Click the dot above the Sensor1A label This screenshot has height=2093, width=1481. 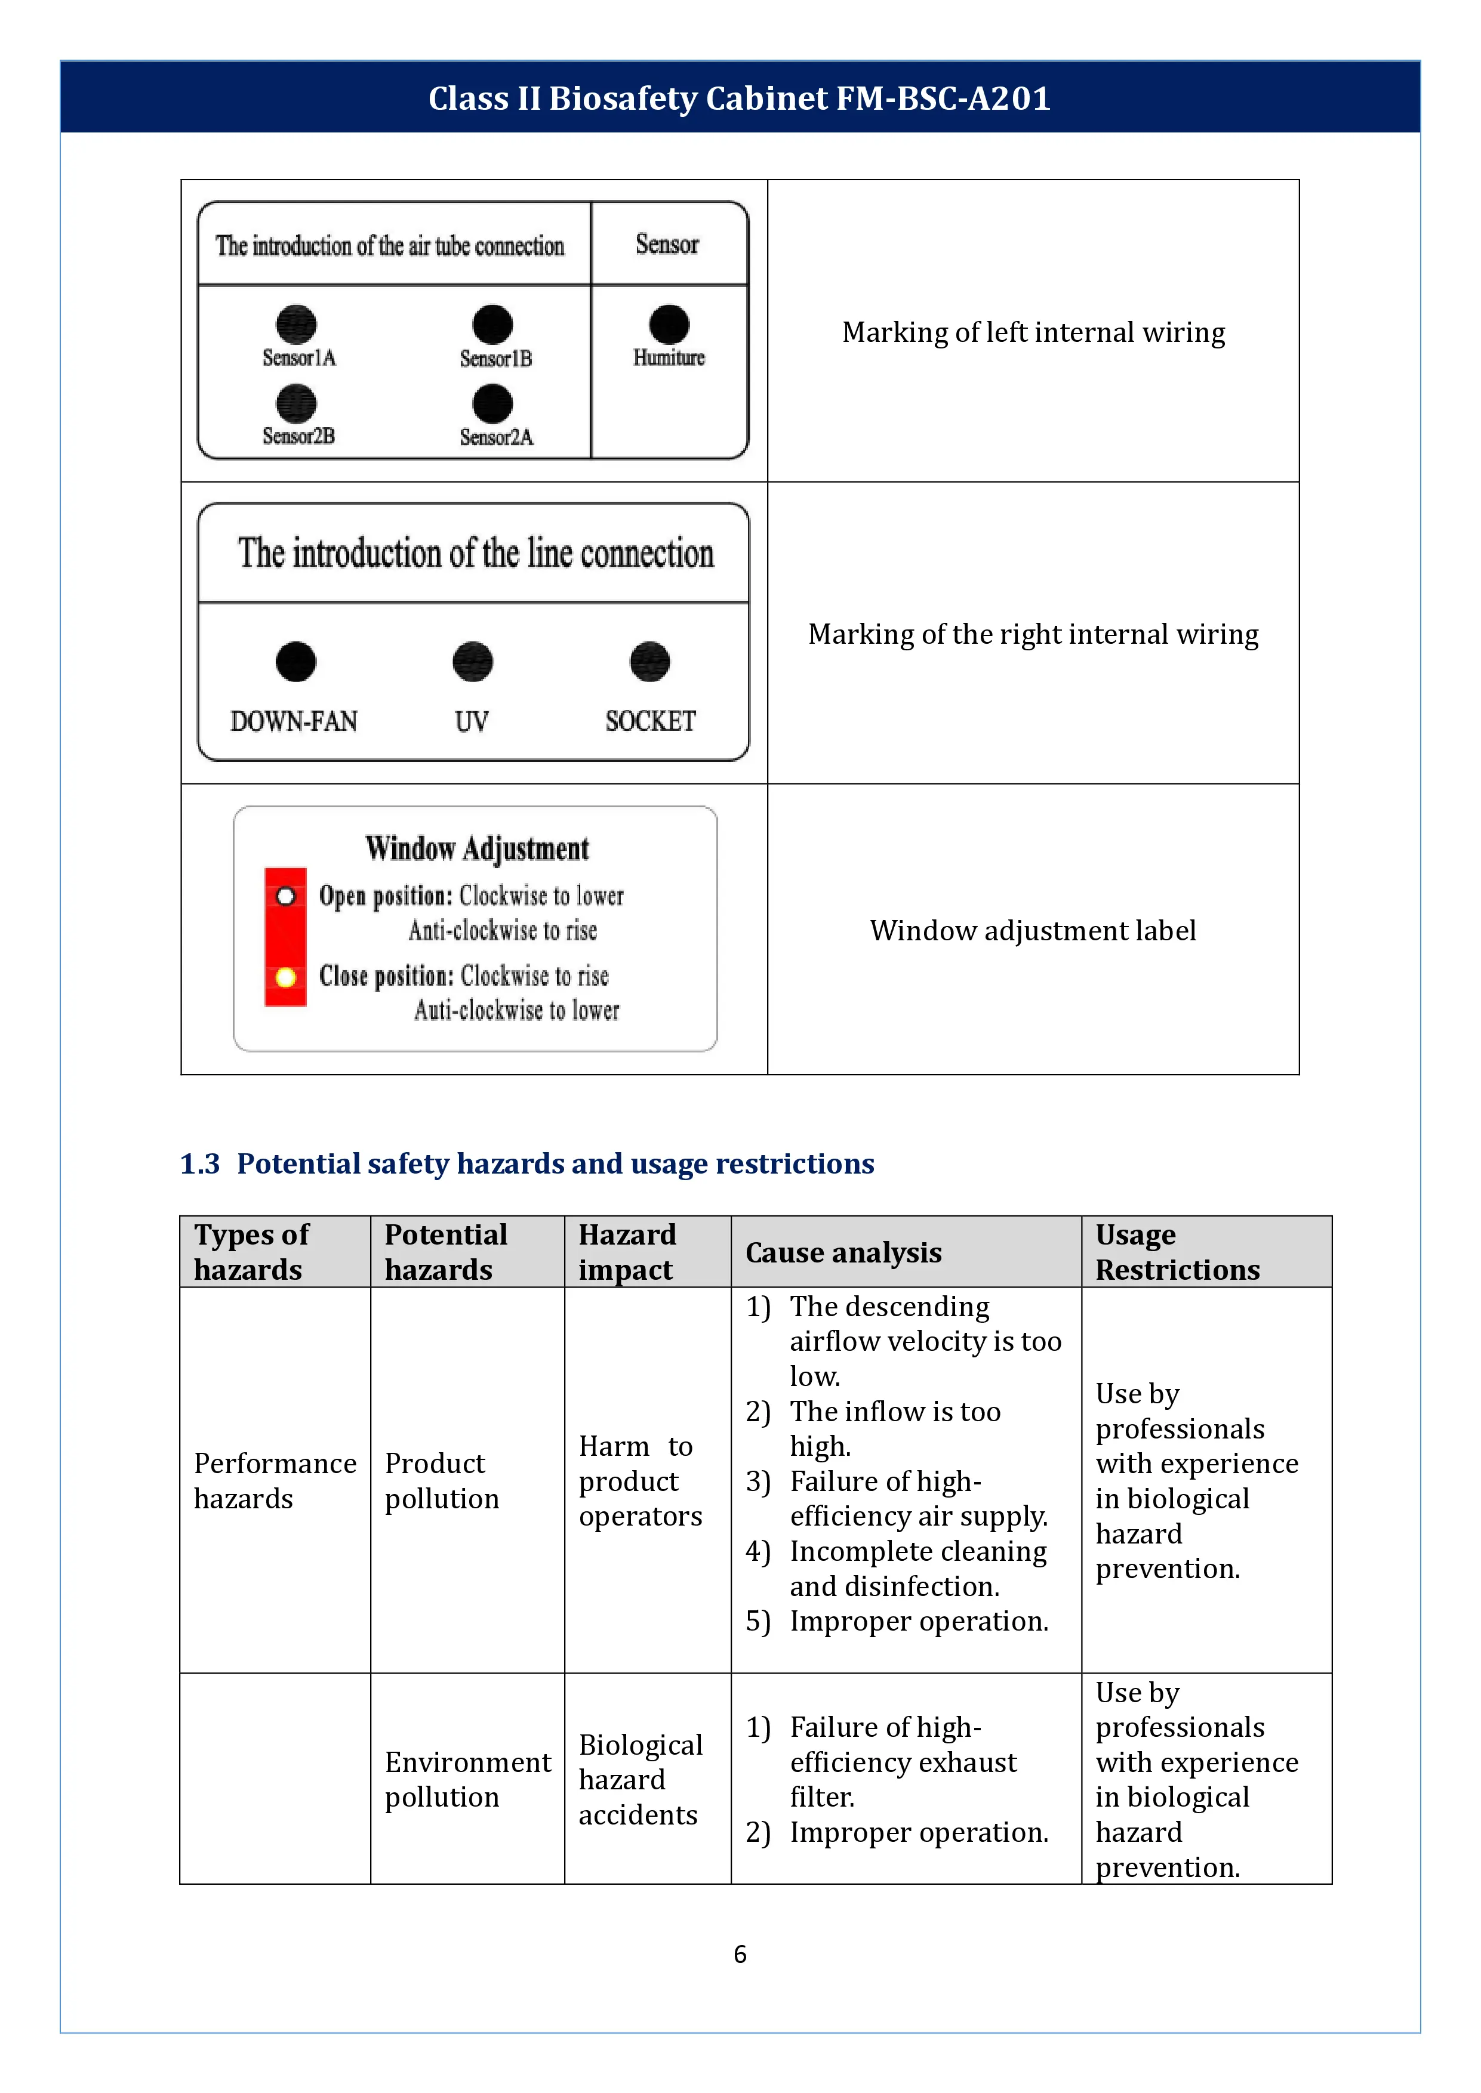point(297,323)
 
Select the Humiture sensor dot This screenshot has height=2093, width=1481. point(669,323)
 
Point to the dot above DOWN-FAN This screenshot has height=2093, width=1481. point(295,662)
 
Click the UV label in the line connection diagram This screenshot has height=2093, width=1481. point(472,722)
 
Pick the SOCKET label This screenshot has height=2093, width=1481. point(650,721)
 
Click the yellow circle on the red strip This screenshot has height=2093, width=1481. point(285,977)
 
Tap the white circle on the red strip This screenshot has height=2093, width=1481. point(285,897)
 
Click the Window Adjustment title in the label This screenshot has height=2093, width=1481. point(477,848)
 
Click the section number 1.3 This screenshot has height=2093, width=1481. point(200,1164)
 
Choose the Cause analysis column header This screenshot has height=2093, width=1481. point(843,1252)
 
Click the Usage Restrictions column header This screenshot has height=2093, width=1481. point(1177,1252)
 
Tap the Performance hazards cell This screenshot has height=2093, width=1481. point(275,1480)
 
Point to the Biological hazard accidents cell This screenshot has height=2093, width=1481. point(640,1779)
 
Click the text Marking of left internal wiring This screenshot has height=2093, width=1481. point(1033,333)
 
